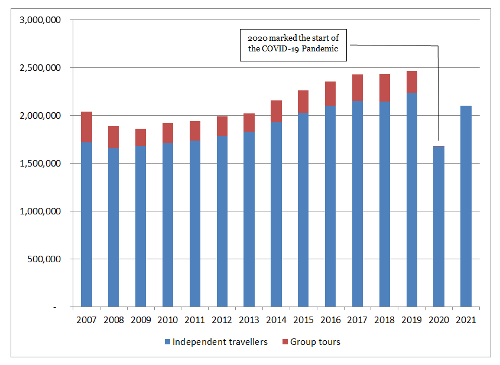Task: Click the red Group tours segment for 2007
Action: pyautogui.click(x=86, y=127)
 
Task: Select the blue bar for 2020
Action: pyautogui.click(x=439, y=226)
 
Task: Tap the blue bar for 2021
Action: pyautogui.click(x=466, y=206)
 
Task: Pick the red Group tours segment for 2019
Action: pyautogui.click(x=411, y=82)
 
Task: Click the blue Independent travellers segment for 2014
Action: pyautogui.click(x=276, y=214)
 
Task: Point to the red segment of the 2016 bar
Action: pyautogui.click(x=330, y=94)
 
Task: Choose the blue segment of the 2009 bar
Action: pyautogui.click(x=140, y=226)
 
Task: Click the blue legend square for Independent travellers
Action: pyautogui.click(x=167, y=342)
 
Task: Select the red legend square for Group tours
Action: pyautogui.click(x=287, y=342)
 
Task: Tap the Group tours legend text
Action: pyautogui.click(x=316, y=342)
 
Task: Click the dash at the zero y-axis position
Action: pyautogui.click(x=54, y=307)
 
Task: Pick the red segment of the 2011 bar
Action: pyautogui.click(x=194, y=131)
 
